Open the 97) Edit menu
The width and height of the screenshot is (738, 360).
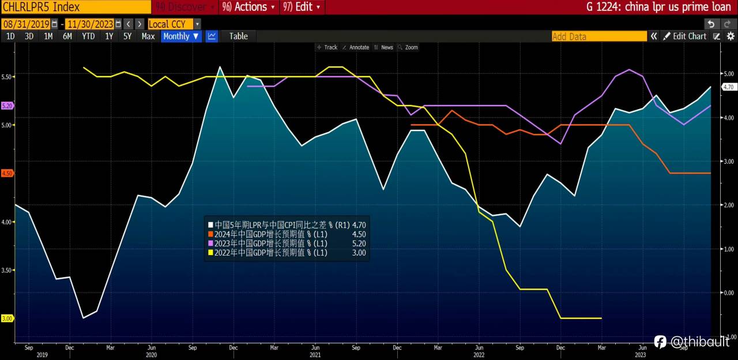[x=303, y=7]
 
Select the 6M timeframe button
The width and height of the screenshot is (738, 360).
[x=67, y=36]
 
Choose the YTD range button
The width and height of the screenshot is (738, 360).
[x=88, y=36]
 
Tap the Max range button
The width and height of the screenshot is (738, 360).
[x=148, y=36]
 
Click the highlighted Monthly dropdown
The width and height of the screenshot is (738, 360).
[x=181, y=36]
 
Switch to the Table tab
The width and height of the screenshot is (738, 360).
[x=238, y=36]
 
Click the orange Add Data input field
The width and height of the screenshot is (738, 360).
[x=599, y=36]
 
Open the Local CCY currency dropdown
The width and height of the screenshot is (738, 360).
[x=174, y=24]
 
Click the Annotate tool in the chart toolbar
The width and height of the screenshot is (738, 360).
[x=356, y=47]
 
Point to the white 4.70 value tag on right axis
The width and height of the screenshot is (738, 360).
[x=728, y=87]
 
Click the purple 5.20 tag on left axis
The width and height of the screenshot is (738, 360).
[x=7, y=106]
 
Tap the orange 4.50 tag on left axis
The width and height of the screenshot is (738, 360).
[x=7, y=173]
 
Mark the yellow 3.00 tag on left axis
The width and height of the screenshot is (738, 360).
[x=7, y=318]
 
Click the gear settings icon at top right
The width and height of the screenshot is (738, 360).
[x=731, y=36]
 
